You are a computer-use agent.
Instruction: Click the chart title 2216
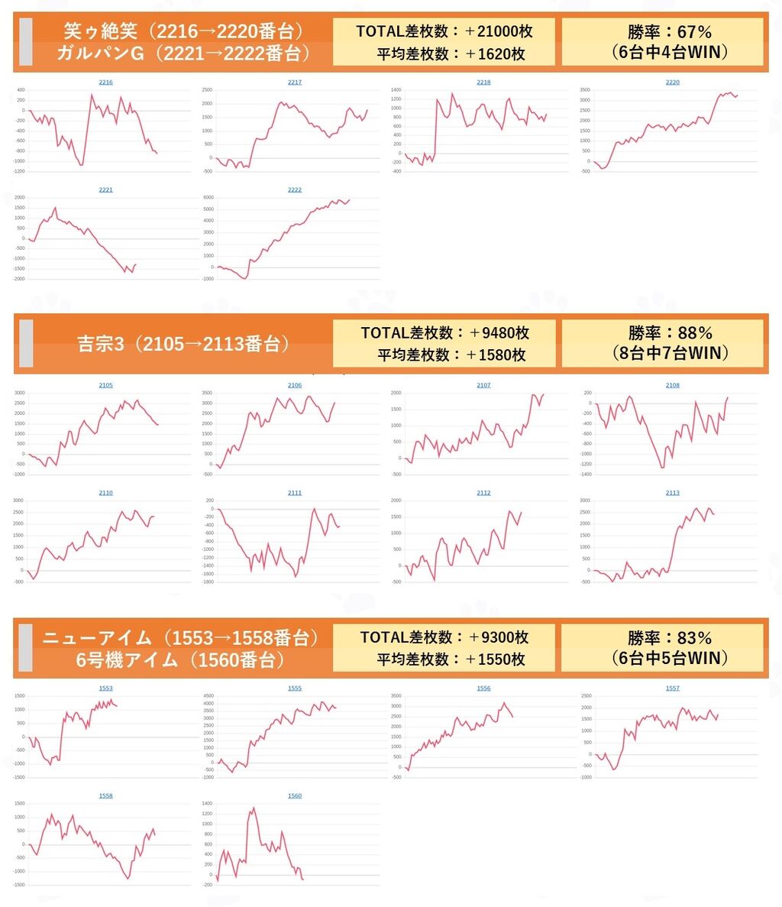point(106,82)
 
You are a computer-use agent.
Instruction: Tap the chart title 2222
point(295,189)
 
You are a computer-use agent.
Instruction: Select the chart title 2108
point(672,385)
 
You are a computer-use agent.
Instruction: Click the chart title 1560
point(295,795)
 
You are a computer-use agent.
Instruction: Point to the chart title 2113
point(672,493)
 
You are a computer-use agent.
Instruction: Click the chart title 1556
point(483,688)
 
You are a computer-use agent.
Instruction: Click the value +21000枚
point(499,31)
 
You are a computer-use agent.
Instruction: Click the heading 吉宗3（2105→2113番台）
point(183,344)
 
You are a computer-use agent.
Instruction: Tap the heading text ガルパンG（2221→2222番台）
point(183,53)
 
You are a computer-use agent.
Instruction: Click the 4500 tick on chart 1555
point(207,696)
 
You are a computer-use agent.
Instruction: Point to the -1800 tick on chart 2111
point(207,582)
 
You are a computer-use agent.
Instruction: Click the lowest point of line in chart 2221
point(131,272)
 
